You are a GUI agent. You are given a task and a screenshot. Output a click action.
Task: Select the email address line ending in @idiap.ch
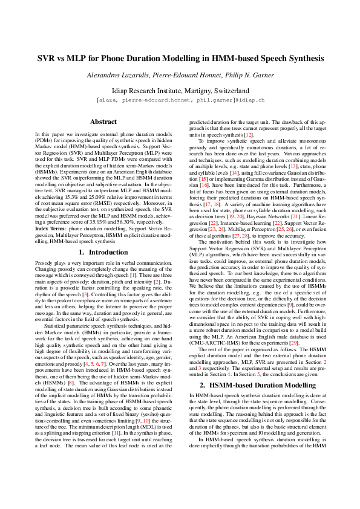[x=180, y=99]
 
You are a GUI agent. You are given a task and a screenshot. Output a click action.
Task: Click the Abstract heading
[x=103, y=122]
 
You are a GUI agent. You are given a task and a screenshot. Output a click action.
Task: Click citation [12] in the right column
[x=248, y=134]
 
